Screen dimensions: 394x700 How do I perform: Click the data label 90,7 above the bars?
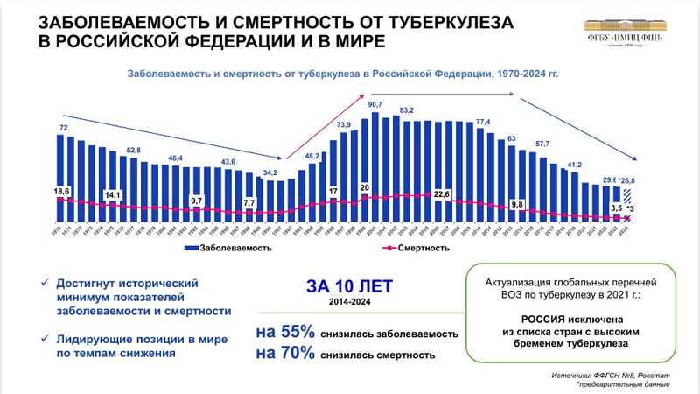(374, 104)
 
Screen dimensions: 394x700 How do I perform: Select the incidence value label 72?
(63, 128)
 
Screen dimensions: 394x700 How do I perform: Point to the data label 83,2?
(406, 110)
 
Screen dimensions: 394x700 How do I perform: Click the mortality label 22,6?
(441, 194)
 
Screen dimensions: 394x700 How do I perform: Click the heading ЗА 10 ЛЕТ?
(349, 285)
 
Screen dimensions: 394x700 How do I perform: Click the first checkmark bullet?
(44, 283)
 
